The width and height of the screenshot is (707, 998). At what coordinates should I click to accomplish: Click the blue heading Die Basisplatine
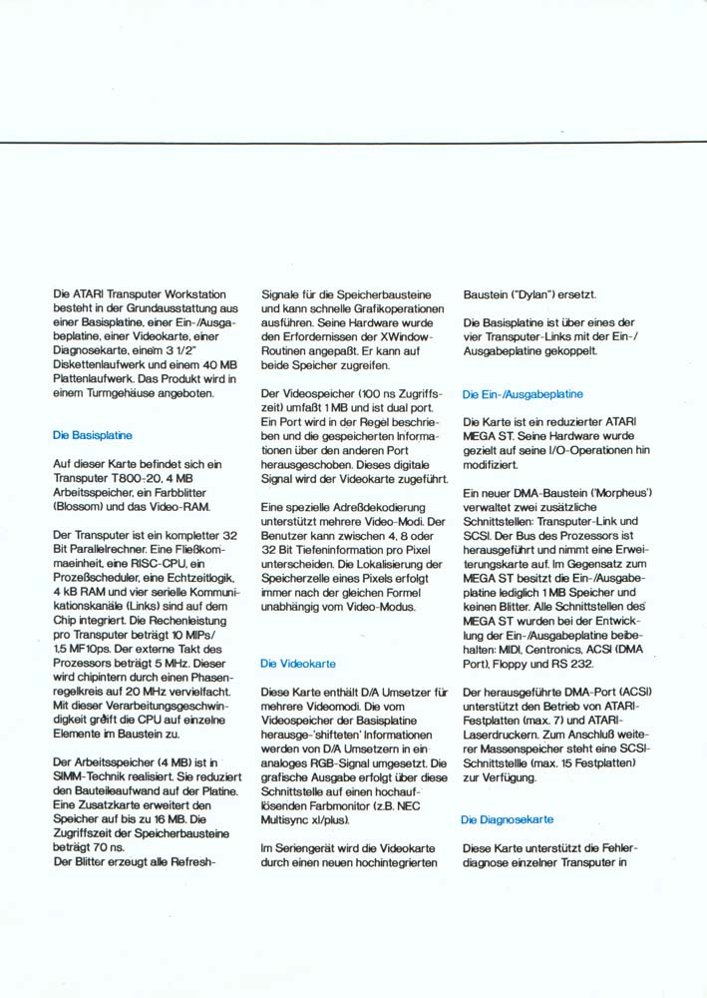coord(93,435)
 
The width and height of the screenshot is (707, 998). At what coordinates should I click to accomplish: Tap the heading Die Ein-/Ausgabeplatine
coord(524,394)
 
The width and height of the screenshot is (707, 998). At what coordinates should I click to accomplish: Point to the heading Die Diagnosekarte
coord(508,819)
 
